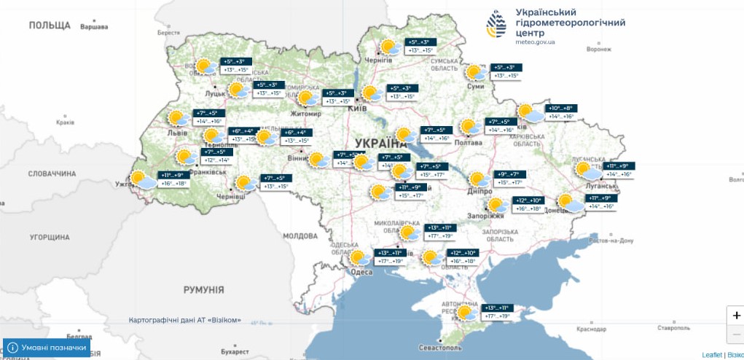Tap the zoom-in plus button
click(x=736, y=315)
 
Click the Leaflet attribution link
click(x=712, y=355)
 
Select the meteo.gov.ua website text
click(x=536, y=42)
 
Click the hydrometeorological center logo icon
click(x=498, y=25)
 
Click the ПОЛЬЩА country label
click(x=50, y=26)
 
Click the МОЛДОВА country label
click(x=299, y=236)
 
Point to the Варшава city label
click(x=93, y=27)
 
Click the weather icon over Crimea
click(x=464, y=312)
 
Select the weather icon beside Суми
click(x=477, y=72)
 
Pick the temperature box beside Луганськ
click(x=619, y=170)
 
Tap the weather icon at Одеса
click(x=359, y=257)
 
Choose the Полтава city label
click(x=467, y=143)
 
